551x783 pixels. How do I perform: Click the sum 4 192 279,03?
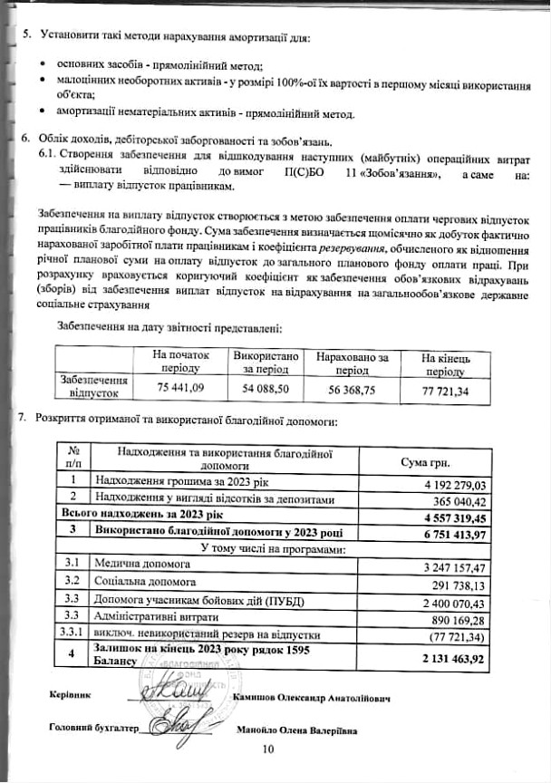[455, 485]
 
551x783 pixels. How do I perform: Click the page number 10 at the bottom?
[267, 749]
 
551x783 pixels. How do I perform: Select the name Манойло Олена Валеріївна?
[296, 730]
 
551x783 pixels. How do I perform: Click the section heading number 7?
[23, 422]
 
